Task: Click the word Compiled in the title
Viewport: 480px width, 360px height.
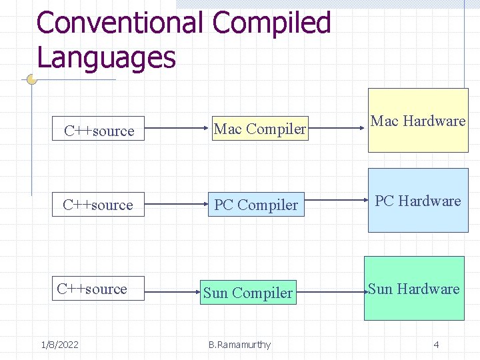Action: click(271, 23)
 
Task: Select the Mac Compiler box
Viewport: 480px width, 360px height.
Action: click(260, 129)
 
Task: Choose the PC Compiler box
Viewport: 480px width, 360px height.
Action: click(256, 205)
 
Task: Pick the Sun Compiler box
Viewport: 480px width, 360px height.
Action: click(248, 293)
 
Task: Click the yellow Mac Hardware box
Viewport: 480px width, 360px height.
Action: click(418, 121)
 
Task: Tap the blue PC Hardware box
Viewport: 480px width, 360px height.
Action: click(418, 201)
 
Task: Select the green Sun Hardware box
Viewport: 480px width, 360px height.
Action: click(413, 289)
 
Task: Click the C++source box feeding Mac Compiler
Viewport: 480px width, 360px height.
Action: click(99, 130)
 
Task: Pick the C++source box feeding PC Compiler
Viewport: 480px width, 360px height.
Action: click(98, 205)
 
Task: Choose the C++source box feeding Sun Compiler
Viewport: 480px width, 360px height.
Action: click(98, 289)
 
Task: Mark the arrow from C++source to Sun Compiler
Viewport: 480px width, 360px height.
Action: click(171, 292)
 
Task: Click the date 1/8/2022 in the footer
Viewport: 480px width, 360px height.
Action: click(59, 345)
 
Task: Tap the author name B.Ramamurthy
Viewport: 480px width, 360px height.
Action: click(239, 345)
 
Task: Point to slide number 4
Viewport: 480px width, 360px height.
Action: click(436, 345)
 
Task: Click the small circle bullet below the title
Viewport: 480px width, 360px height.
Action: click(31, 79)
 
